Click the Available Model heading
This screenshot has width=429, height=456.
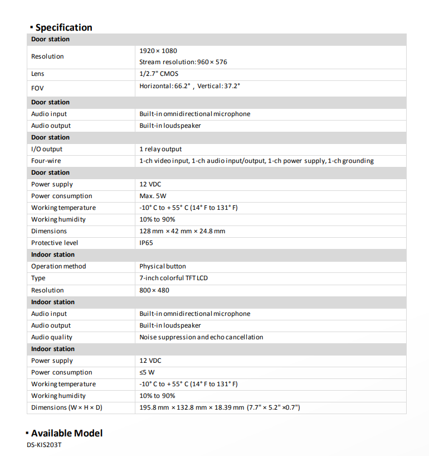point(66,433)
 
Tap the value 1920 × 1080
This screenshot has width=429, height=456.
point(158,51)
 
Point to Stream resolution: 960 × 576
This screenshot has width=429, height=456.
point(183,62)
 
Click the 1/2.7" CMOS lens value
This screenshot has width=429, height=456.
point(159,74)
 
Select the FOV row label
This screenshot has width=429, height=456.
point(37,88)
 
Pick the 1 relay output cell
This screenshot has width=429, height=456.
point(160,149)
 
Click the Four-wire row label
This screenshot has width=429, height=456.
point(46,161)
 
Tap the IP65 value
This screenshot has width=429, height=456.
point(146,243)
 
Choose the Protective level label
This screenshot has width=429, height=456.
point(55,243)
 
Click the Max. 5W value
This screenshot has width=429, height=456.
point(153,196)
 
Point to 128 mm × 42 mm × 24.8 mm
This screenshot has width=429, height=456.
point(182,231)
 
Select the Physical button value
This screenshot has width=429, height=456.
point(163,266)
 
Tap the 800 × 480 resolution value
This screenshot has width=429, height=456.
point(154,290)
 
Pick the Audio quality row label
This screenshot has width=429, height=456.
point(52,337)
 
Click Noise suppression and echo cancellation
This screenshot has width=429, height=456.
point(201,337)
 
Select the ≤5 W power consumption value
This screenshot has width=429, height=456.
point(147,372)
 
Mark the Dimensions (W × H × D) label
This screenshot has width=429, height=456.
point(67,407)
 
